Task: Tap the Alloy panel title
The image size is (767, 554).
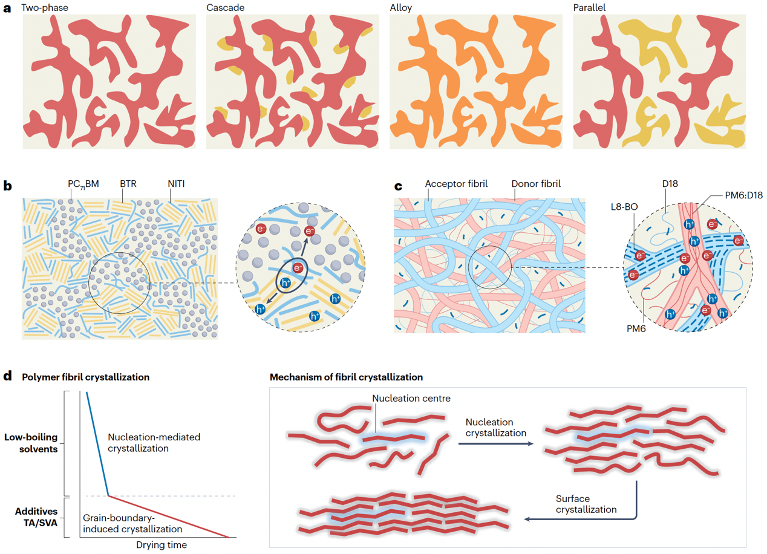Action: click(x=400, y=8)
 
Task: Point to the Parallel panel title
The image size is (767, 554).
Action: click(x=590, y=8)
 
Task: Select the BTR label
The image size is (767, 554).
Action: click(x=128, y=183)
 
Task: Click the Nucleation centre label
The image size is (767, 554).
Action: click(x=411, y=398)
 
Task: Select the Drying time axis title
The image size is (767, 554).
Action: click(x=161, y=544)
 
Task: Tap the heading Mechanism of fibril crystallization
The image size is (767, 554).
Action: click(x=346, y=377)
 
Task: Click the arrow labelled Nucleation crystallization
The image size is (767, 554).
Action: click(x=495, y=444)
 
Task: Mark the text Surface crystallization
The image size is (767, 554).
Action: click(x=586, y=504)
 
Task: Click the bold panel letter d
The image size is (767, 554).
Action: click(x=8, y=376)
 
